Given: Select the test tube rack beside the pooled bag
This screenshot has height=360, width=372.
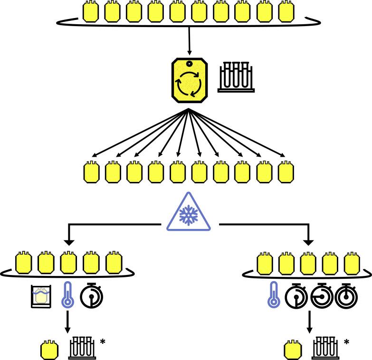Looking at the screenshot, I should (237, 77).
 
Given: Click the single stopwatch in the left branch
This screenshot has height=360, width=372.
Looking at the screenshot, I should (92, 296).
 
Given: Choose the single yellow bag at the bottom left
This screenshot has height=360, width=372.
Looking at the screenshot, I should (50, 350).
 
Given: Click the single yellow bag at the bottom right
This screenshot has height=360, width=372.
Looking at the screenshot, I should (293, 350).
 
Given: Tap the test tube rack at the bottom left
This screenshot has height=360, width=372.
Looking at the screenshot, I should (83, 348).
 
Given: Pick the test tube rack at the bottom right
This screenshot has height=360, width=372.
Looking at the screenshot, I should (326, 348).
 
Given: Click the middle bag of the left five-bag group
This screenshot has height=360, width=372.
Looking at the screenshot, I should (68, 263).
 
